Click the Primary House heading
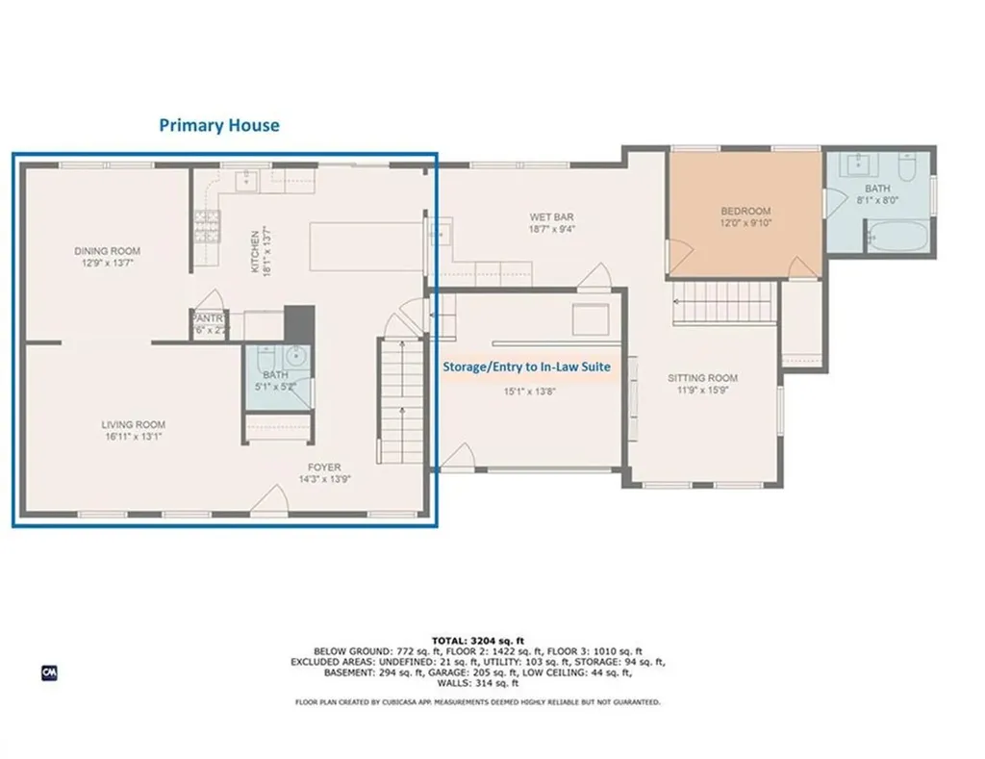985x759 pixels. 219,125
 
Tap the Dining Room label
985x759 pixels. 108,251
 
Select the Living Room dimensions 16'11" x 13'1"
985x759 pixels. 134,436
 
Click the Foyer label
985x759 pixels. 325,468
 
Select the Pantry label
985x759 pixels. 209,318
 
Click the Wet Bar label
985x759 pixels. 551,217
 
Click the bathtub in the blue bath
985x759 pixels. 898,236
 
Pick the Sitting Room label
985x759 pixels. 702,378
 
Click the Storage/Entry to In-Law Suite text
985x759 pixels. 526,367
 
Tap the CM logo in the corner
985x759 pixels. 48,672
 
